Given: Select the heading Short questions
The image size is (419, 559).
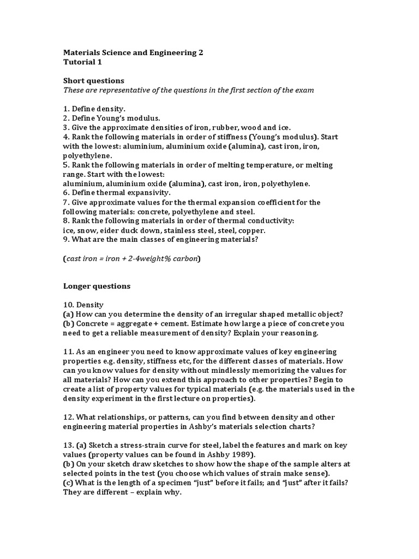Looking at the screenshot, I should [94, 80].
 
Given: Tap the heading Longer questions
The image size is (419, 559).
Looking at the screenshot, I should [97, 286].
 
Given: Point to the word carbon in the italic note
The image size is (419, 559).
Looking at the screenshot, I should [185, 258].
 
